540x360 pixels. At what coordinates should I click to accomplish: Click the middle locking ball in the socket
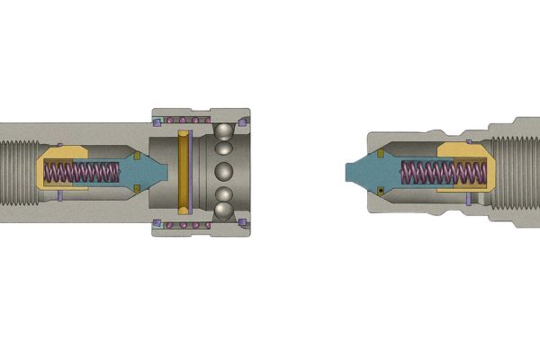[x=223, y=171]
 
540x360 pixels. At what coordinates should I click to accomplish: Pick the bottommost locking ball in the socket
[x=222, y=211]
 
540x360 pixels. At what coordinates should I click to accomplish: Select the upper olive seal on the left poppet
[x=136, y=156]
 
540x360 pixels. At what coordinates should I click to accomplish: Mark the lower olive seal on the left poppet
[x=136, y=187]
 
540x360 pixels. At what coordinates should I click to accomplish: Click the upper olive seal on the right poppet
[x=382, y=155]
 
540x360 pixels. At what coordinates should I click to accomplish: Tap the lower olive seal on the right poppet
[x=382, y=191]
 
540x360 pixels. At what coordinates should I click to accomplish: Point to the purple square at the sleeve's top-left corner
[x=157, y=121]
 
